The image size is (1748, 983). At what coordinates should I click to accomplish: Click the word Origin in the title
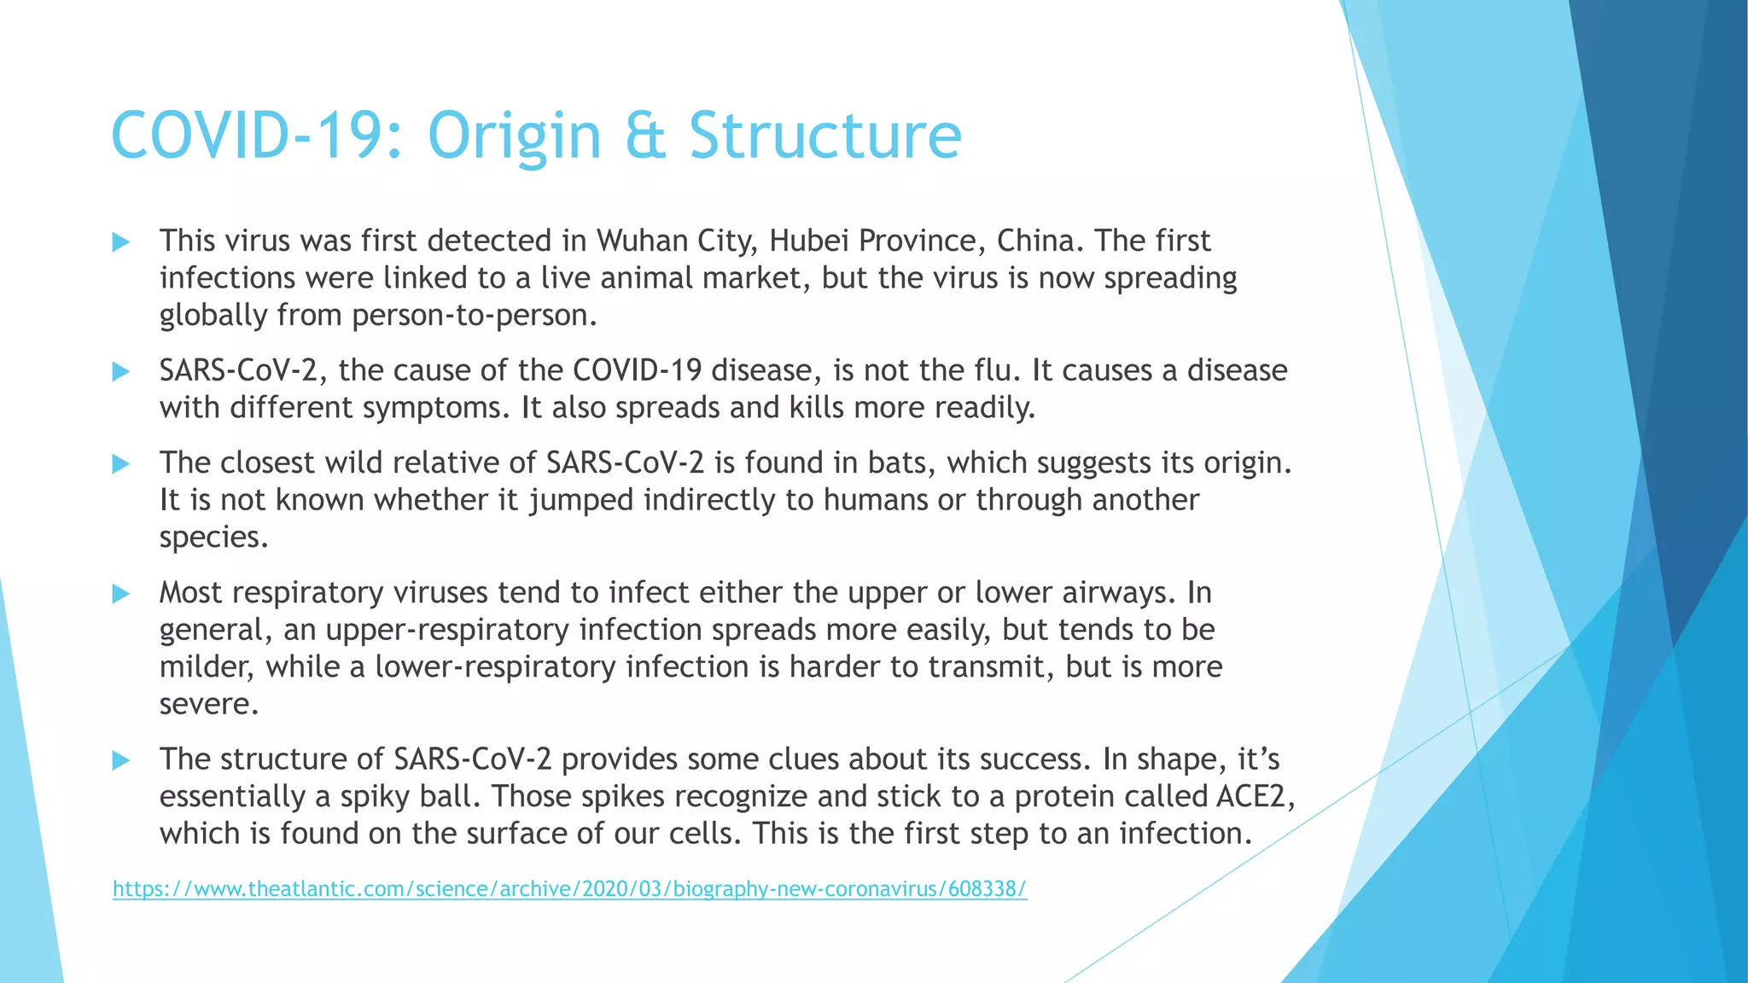(x=515, y=137)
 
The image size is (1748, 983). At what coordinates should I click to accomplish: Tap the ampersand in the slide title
(x=644, y=137)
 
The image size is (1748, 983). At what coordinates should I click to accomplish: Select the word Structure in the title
(x=825, y=137)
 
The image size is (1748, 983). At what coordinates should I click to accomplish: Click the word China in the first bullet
(x=1039, y=241)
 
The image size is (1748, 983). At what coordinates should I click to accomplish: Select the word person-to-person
(x=474, y=316)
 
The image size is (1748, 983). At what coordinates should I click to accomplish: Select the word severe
(x=207, y=704)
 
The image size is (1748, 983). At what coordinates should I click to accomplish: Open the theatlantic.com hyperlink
(x=569, y=889)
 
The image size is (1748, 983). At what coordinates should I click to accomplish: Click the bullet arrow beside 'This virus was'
(x=121, y=242)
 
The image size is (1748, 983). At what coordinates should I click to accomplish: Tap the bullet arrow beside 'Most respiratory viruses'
(x=121, y=594)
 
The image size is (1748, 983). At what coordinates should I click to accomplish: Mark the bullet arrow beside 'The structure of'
(x=121, y=760)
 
